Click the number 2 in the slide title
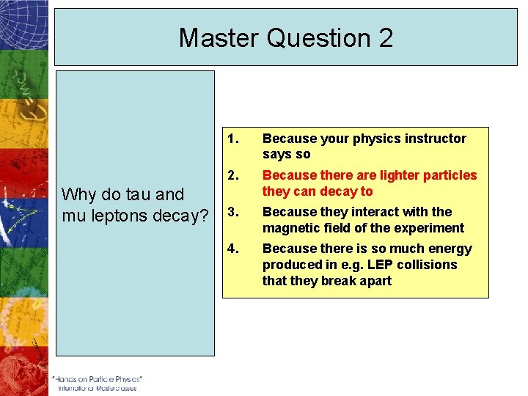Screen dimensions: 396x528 [x=384, y=38]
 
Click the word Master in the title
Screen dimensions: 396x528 [x=219, y=38]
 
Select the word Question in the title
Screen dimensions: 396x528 [x=317, y=38]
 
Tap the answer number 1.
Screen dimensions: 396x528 [x=232, y=139]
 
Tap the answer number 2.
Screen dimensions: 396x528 [x=232, y=175]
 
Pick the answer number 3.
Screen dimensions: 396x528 [x=232, y=212]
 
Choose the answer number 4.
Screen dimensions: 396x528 [x=232, y=249]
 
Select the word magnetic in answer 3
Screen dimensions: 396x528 [x=288, y=228]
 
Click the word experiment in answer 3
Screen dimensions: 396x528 [x=432, y=228]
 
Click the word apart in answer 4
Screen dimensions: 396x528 [x=375, y=281]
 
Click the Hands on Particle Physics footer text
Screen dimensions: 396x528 [x=97, y=379]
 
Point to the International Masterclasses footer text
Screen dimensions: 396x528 [x=97, y=389]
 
